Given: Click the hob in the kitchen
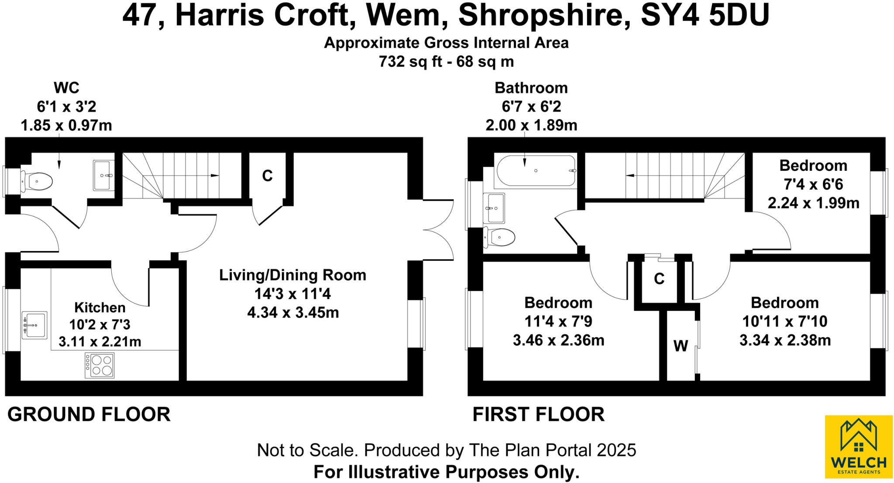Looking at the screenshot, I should click(100, 366).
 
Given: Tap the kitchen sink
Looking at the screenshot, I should click(34, 325).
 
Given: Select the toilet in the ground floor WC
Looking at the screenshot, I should click(37, 181).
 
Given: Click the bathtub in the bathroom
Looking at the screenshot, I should click(536, 171).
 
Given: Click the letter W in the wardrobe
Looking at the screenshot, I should click(681, 346).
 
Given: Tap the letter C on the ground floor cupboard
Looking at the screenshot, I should click(267, 176).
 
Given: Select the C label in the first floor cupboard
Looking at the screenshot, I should click(659, 279).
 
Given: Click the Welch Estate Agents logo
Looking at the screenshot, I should click(858, 446).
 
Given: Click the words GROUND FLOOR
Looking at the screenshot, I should click(89, 414).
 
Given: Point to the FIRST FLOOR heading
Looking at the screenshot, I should click(538, 414).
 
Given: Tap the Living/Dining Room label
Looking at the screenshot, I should click(292, 275).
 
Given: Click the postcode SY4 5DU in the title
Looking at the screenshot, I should click(705, 16).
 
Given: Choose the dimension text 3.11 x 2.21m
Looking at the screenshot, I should click(100, 342).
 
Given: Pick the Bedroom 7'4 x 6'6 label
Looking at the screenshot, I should click(813, 166).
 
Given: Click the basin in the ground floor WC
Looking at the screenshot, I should click(103, 175).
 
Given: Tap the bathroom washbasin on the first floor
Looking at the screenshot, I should click(494, 208).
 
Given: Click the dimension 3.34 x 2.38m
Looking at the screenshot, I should click(785, 340).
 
